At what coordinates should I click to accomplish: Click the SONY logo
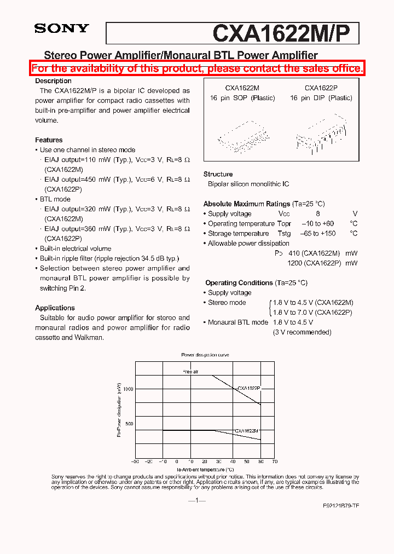click(x=61, y=28)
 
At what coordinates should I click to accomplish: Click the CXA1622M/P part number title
click(x=285, y=33)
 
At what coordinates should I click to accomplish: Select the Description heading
click(x=53, y=81)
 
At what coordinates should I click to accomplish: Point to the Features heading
click(x=49, y=140)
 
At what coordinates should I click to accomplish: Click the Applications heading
click(x=55, y=308)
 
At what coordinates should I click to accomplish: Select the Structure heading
click(x=218, y=174)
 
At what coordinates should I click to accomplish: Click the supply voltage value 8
click(x=317, y=214)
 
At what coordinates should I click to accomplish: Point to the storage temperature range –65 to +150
click(x=318, y=234)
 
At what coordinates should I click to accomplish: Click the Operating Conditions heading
click(x=239, y=283)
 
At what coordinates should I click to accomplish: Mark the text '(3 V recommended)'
click(x=302, y=332)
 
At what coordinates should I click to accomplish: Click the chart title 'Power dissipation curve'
click(x=205, y=355)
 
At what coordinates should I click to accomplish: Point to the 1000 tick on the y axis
click(x=128, y=389)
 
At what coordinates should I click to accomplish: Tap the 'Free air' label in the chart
click(x=190, y=372)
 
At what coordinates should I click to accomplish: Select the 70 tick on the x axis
click(x=274, y=462)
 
